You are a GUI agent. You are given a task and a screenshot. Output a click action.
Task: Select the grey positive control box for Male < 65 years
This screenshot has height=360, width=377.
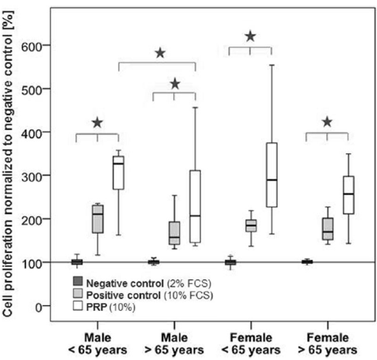tap(98, 218)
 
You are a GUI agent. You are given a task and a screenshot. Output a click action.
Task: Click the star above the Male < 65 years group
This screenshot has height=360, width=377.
tap(98, 122)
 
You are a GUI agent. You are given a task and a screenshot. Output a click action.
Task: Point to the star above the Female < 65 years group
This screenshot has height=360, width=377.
tap(250, 36)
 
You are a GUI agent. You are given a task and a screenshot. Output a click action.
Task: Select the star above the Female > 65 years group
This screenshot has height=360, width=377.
tap(327, 121)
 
